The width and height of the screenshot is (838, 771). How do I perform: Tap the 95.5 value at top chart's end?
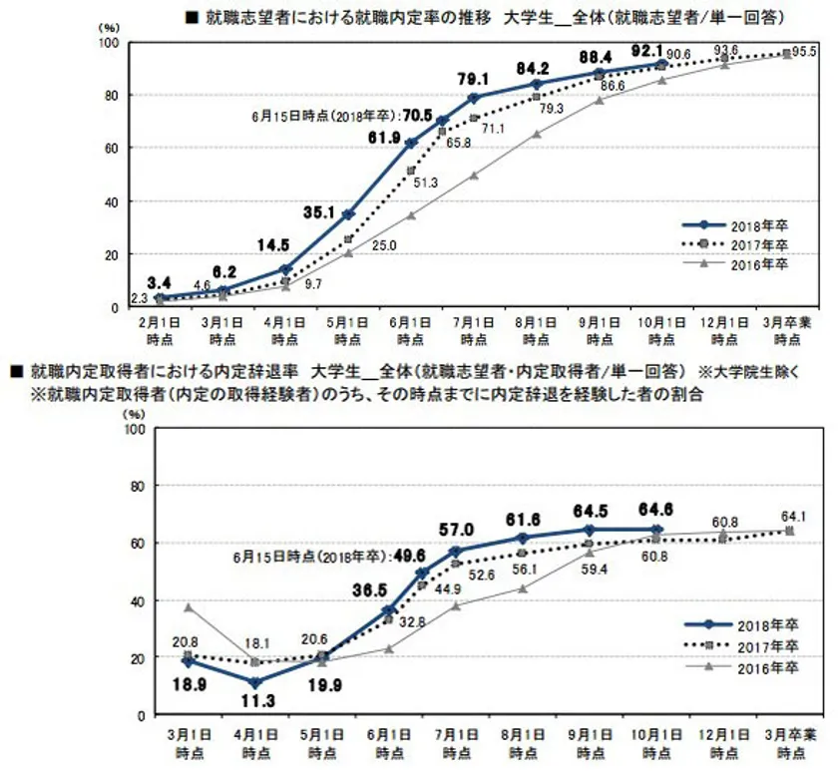click(x=805, y=51)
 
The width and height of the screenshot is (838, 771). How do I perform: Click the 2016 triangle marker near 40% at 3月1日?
click(x=188, y=606)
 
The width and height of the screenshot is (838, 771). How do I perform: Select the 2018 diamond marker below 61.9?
click(x=410, y=144)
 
